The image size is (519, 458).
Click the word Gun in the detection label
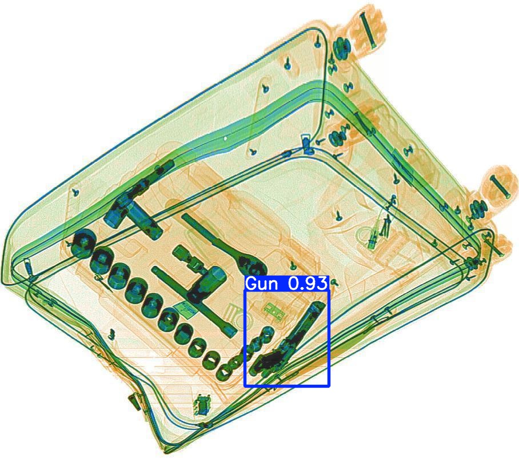[x=260, y=284]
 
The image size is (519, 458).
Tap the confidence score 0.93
[x=308, y=284]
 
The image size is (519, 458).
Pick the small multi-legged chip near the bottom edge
[x=202, y=404]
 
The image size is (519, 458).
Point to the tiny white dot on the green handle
[x=225, y=138]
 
